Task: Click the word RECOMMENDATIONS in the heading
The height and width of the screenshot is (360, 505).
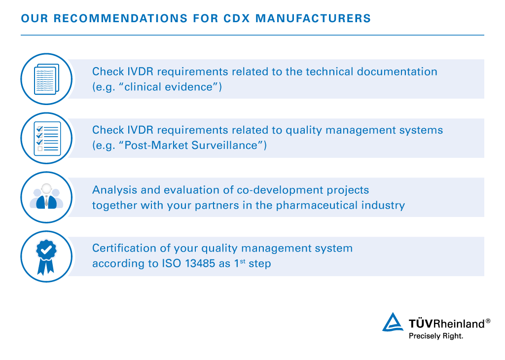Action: tap(116, 19)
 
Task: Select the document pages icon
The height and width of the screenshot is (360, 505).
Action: tap(46, 79)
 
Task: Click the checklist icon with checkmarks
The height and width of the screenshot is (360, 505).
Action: tap(46, 138)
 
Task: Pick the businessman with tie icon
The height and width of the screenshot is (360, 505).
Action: tap(46, 197)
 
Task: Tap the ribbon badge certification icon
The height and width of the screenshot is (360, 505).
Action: tap(46, 256)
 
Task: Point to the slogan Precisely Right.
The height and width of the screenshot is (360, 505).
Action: tap(436, 336)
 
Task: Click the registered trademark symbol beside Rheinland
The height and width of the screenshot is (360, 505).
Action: tap(488, 321)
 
